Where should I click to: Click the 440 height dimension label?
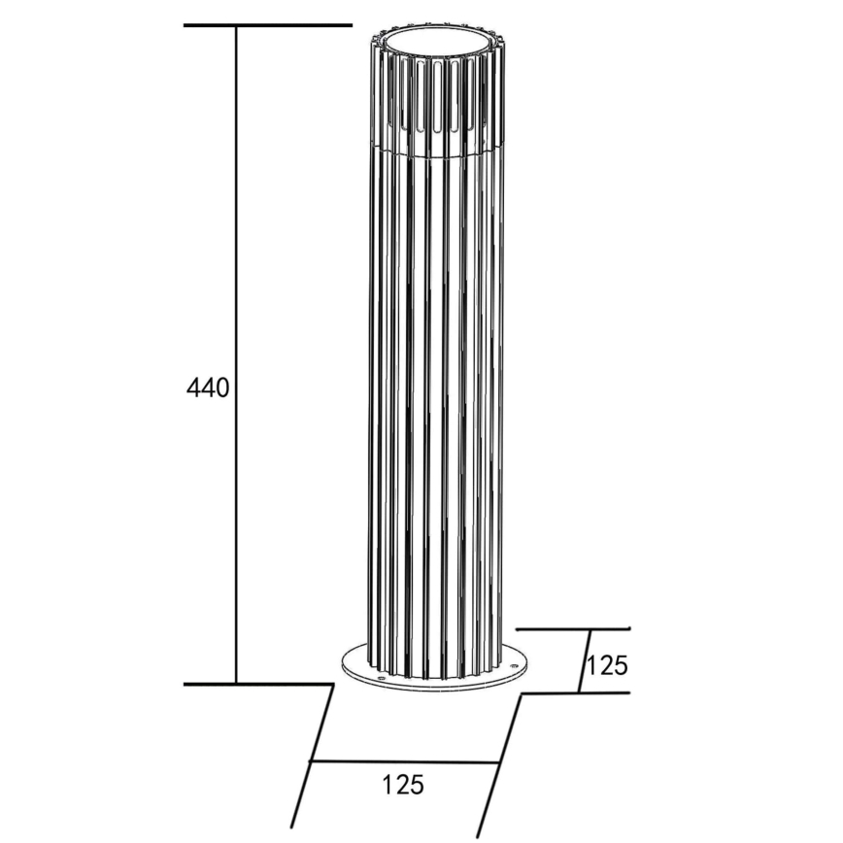click(208, 388)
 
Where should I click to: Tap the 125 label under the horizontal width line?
click(403, 785)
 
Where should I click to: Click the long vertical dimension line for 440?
click(237, 243)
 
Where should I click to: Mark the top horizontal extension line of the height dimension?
click(267, 24)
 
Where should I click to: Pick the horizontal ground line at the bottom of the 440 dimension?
click(257, 684)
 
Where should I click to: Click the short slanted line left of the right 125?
click(586, 660)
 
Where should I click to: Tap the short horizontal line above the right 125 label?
click(573, 629)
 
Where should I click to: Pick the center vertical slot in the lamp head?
click(438, 97)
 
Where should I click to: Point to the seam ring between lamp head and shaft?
click(438, 154)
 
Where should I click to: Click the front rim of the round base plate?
click(437, 691)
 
